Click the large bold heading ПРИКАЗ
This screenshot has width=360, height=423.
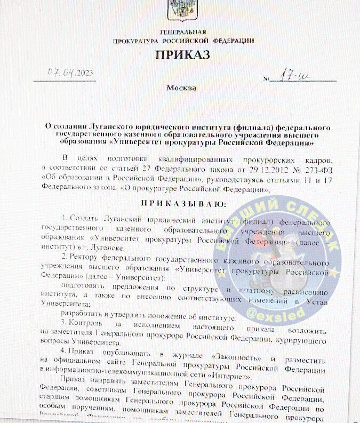click(x=183, y=55)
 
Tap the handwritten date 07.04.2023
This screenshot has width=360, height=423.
click(x=64, y=73)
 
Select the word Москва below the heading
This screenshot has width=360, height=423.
click(x=181, y=88)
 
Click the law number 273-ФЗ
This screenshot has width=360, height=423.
click(x=314, y=170)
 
